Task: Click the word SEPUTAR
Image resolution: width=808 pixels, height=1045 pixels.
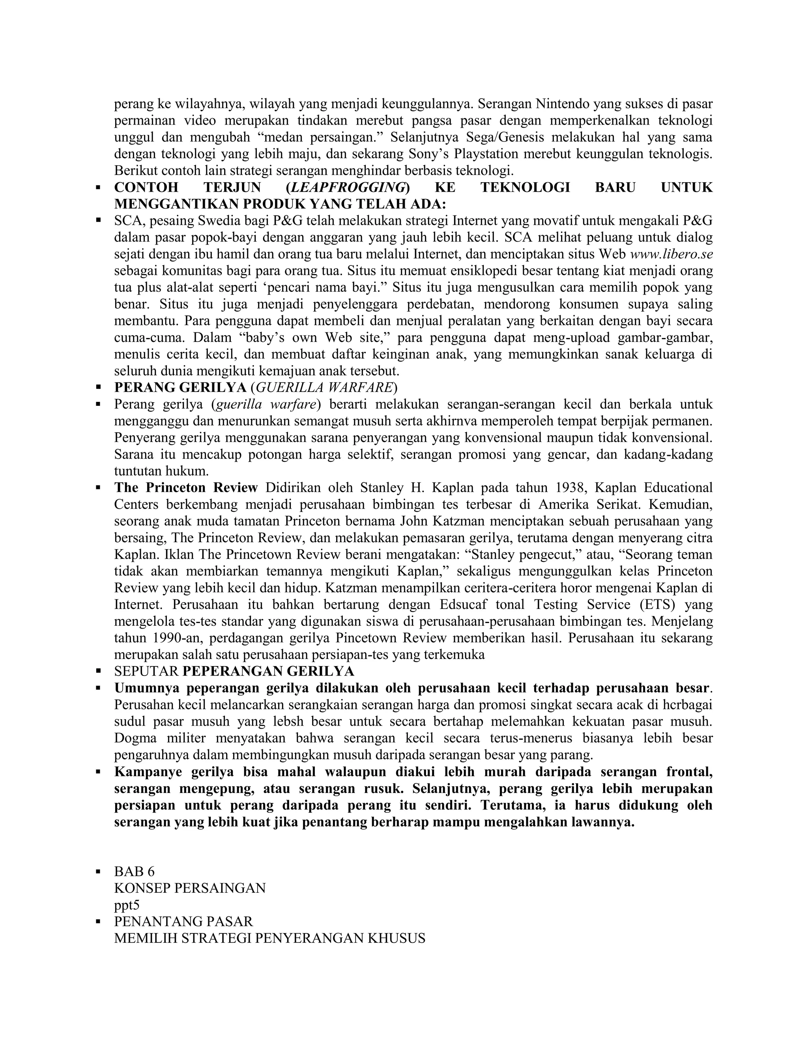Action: [x=146, y=671]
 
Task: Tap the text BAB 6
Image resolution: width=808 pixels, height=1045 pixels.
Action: [x=135, y=871]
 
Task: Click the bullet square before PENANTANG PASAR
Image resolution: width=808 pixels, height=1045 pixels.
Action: [x=99, y=921]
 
